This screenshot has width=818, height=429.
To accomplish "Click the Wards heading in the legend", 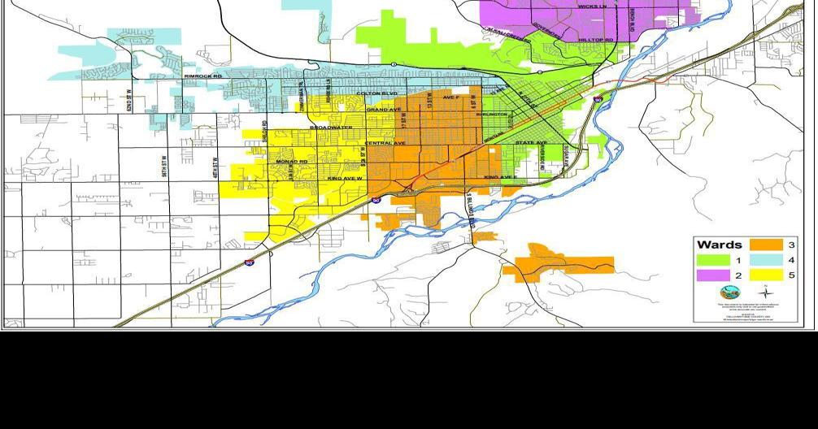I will [x=719, y=245].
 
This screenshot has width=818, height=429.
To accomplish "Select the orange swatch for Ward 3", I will [x=765, y=245].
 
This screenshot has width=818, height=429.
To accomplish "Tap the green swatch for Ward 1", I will [x=712, y=260].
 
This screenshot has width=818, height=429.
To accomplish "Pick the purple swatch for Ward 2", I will [x=712, y=275].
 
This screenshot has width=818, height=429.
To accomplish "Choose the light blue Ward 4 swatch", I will [x=765, y=260].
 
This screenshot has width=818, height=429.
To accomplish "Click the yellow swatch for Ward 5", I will [x=765, y=275].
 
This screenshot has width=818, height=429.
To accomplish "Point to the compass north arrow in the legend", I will [x=763, y=292].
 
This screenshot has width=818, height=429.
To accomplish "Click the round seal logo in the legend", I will [x=724, y=292].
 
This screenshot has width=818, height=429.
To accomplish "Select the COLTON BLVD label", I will [x=376, y=93].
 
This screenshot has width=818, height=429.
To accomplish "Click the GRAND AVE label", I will [x=381, y=109].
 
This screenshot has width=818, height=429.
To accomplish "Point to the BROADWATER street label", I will [x=331, y=128].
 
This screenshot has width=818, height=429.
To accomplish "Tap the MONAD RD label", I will [x=292, y=162].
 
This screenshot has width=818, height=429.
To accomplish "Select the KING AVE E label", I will [x=498, y=176].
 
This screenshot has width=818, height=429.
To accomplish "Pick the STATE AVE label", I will [x=530, y=143].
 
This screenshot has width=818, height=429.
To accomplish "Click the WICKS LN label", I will [x=592, y=6].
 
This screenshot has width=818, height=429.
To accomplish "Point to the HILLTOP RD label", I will [x=595, y=39].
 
